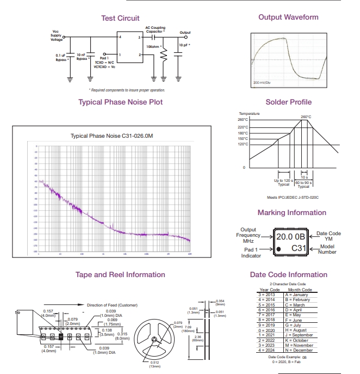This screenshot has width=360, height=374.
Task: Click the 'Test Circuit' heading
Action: point(120,18)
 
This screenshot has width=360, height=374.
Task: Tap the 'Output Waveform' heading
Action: point(288,17)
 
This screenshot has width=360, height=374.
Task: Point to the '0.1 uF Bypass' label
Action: point(61,57)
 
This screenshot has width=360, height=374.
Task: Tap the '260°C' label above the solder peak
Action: point(306,117)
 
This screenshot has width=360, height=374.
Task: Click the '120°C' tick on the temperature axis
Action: point(243,144)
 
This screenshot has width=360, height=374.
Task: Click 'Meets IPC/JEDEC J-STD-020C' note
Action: point(293,198)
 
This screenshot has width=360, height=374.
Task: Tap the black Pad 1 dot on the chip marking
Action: point(278,249)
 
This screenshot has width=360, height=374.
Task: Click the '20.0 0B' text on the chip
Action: point(291,237)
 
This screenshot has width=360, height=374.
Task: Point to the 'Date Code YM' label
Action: point(328,236)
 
